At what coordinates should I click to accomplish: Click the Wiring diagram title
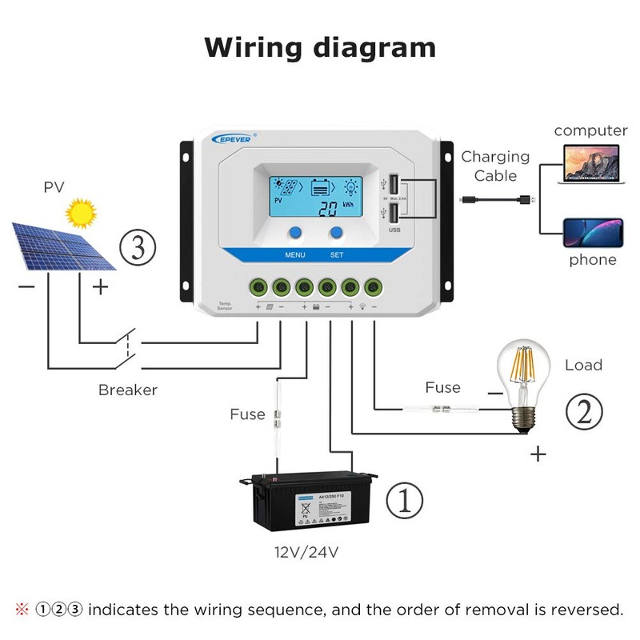pyautogui.click(x=320, y=47)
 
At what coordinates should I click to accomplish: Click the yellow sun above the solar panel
pyautogui.click(x=80, y=213)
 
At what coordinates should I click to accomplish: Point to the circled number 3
pyautogui.click(x=138, y=247)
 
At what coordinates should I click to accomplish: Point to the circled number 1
pyautogui.click(x=405, y=501)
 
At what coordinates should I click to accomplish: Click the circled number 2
pyautogui.click(x=583, y=411)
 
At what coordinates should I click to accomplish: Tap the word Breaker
pyautogui.click(x=128, y=390)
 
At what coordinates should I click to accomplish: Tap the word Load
pyautogui.click(x=583, y=365)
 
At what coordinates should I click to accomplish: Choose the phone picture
pyautogui.click(x=593, y=232)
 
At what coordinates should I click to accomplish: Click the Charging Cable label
pyautogui.click(x=496, y=166)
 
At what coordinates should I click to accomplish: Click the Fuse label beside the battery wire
pyautogui.click(x=247, y=414)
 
